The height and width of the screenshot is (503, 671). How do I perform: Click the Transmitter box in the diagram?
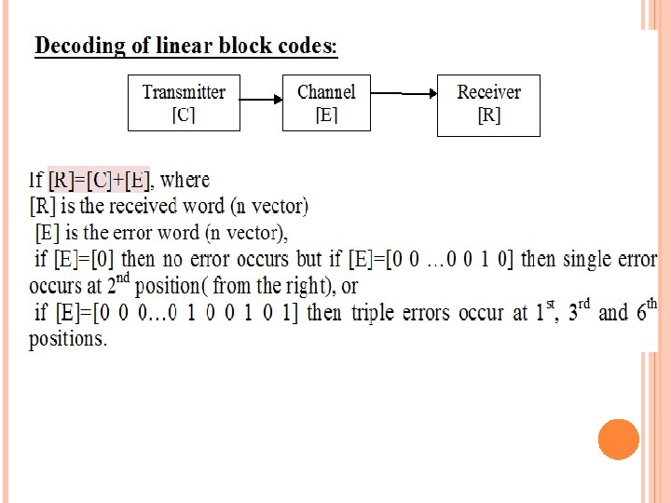pos(184,102)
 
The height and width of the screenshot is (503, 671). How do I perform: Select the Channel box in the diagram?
pos(325,102)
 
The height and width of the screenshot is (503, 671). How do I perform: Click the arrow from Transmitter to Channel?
pos(260,101)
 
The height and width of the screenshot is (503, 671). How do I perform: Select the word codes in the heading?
pos(307,47)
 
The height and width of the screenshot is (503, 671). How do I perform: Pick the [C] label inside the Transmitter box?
pos(184,115)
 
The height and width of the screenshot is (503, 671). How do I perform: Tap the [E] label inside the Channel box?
pos(325,115)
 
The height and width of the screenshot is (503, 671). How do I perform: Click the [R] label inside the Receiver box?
pos(488,116)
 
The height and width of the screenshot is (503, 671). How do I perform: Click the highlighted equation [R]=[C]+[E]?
pos(99,179)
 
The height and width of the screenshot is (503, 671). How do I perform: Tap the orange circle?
pos(618,440)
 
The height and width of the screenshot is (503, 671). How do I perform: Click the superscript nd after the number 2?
pos(122,277)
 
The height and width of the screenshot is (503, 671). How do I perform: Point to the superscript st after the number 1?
pos(551,303)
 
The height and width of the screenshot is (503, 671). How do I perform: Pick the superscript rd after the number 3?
pos(583,303)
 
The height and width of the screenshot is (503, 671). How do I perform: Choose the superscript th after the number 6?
pos(651,303)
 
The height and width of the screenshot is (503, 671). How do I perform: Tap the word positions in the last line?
pos(67,339)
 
